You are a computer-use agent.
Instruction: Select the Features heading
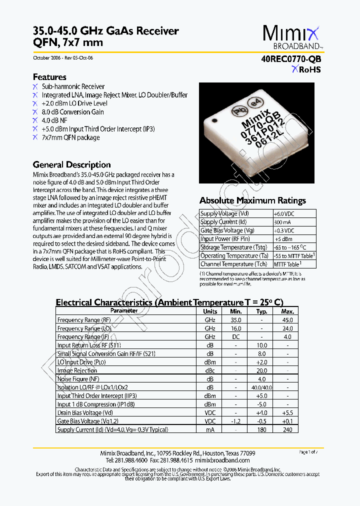click(x=49, y=77)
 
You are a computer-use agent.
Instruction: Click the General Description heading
click(x=71, y=164)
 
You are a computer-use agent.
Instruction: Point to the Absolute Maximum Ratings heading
click(x=252, y=200)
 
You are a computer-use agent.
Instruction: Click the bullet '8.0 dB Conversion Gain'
click(x=72, y=112)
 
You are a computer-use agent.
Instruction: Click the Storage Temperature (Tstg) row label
click(x=233, y=247)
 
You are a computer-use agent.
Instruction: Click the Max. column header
click(x=287, y=311)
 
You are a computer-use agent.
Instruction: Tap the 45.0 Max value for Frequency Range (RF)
click(x=287, y=319)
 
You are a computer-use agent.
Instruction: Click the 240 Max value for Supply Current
click(x=287, y=430)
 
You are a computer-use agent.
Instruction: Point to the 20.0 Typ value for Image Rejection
click(x=262, y=370)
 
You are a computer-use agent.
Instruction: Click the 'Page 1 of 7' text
click(x=308, y=452)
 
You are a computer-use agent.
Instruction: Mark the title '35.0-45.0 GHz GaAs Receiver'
click(x=105, y=31)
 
